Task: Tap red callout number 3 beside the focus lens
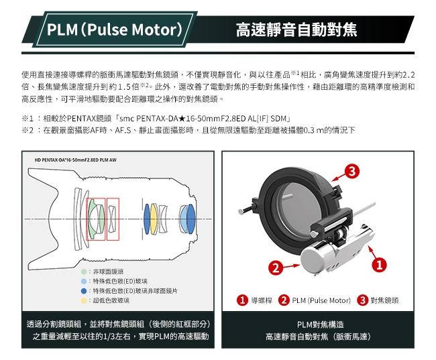click(x=351, y=171)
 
